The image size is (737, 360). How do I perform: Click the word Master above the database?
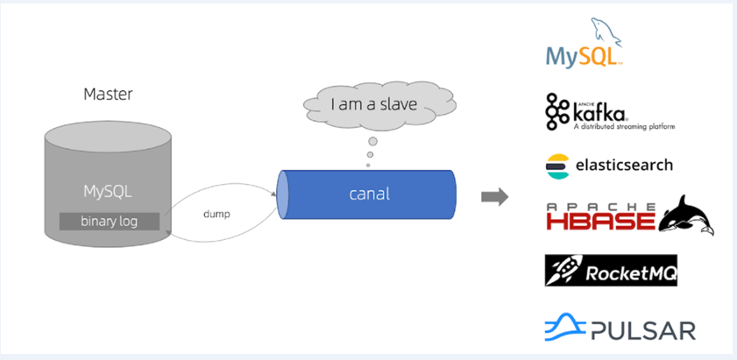108,94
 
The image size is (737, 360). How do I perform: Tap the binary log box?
109,222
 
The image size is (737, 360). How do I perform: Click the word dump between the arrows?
216,214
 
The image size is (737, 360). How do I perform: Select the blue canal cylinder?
366,194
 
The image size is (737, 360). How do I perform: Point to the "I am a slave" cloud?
379,105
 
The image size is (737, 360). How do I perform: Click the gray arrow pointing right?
494,196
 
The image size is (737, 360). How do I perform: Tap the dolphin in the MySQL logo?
606,31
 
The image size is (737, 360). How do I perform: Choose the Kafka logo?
610,112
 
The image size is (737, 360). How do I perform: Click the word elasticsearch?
624,166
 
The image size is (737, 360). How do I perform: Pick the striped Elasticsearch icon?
557,166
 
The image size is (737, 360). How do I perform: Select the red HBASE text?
600,221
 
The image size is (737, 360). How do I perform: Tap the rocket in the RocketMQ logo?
565,270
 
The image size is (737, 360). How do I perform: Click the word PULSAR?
643,330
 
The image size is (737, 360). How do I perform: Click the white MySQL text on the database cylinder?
108,191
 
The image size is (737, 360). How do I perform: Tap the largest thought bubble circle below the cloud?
372,141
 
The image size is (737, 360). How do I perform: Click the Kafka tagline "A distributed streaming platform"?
624,126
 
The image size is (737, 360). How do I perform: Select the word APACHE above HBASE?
600,206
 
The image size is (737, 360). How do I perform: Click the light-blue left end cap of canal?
283,194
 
